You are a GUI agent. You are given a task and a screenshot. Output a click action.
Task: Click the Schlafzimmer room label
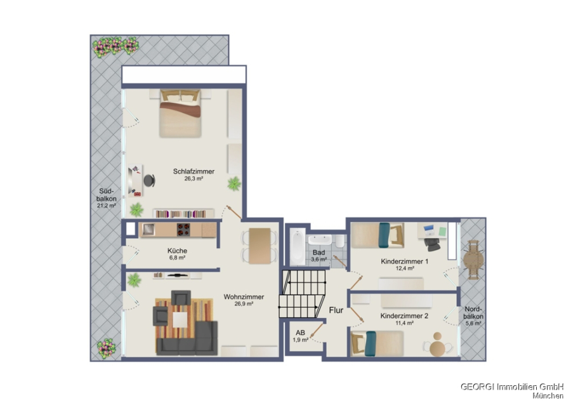coord(194,171)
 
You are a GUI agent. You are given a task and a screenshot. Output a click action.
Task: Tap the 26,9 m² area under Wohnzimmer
coord(244,304)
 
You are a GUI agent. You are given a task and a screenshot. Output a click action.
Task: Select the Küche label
coord(178,251)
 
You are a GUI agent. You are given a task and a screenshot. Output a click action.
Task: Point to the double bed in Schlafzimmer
coord(180,114)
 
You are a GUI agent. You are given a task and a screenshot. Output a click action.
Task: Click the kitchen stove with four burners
coord(183,230)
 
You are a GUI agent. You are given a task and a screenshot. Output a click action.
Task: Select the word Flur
coord(336,310)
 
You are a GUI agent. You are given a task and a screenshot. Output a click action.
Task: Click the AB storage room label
coord(300,333)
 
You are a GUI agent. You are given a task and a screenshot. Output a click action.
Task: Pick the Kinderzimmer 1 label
coord(405,261)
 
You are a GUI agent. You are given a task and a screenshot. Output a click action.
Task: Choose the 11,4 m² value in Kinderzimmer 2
coord(404,323)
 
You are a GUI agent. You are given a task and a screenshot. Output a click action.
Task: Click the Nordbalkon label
coord(474,313)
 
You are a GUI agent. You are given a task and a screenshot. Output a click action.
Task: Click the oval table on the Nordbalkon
coord(473,260)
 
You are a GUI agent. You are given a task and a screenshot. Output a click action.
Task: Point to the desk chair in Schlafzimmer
coord(150,181)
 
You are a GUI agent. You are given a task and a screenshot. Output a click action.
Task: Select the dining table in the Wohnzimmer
coord(259,246)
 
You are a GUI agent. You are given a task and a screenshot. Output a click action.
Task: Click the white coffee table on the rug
coord(180,320)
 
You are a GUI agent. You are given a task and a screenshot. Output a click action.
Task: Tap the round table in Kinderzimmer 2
coord(437,348)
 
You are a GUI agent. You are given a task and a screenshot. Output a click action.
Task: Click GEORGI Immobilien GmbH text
coord(512,386)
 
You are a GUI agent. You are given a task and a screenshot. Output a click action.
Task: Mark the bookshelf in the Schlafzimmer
coord(183,213)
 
